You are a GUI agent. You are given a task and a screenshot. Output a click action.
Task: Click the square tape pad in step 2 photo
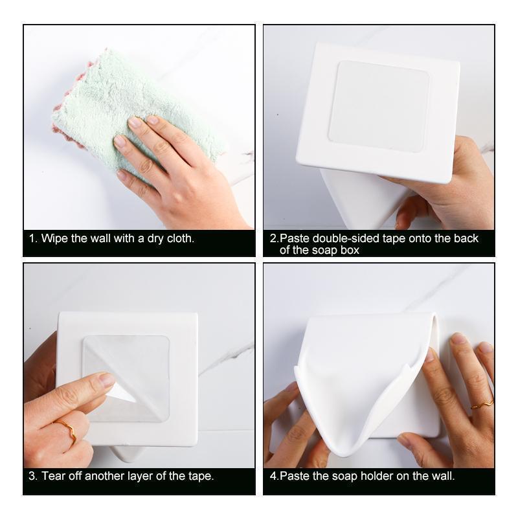379,106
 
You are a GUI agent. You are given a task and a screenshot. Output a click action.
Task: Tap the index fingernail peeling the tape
107,380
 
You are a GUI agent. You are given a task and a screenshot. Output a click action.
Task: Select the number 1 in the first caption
32,238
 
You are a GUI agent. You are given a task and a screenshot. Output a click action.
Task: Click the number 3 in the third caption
32,476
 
